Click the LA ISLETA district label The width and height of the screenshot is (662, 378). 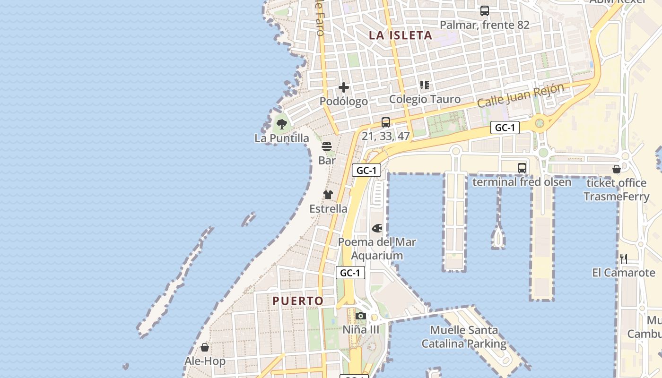click(401, 35)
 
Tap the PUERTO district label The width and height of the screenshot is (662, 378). click(298, 301)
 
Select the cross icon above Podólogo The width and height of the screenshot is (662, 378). click(344, 87)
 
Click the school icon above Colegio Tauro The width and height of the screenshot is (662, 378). click(425, 85)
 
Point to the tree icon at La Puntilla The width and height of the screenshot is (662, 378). click(282, 124)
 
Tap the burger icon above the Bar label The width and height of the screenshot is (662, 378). click(327, 146)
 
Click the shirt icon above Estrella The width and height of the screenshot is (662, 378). click(328, 195)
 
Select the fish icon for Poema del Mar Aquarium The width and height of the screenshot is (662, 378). click(377, 228)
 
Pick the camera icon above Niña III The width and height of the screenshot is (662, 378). click(361, 316)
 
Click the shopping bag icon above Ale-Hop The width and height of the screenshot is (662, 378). click(205, 347)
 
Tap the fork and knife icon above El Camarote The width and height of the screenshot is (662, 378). click(624, 258)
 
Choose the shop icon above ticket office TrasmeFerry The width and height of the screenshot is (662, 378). click(617, 169)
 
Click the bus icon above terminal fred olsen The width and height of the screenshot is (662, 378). click(522, 168)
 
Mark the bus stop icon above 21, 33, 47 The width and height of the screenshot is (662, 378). click(386, 122)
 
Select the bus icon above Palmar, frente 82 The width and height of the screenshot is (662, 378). click(485, 11)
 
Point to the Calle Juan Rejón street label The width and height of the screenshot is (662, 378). click(521, 95)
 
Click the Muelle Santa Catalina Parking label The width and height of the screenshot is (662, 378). click(464, 337)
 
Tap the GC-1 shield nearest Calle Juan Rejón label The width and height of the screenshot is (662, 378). click(505, 128)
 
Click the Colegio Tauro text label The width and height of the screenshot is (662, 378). click(425, 99)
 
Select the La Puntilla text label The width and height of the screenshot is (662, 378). click(282, 138)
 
